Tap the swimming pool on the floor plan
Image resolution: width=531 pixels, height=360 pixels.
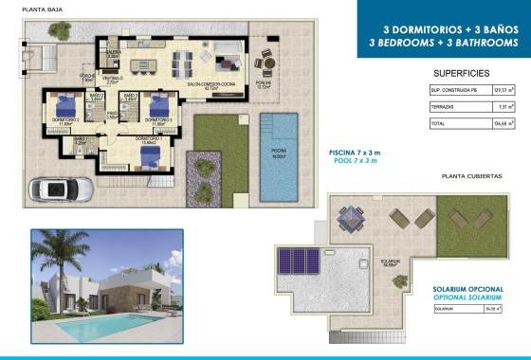279,156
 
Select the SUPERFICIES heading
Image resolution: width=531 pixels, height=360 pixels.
461,73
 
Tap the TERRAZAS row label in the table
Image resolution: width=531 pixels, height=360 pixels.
443,107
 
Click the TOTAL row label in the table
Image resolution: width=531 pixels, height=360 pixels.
439,123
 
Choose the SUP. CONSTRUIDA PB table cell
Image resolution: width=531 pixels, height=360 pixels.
452,91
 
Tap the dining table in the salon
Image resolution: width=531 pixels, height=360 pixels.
182,61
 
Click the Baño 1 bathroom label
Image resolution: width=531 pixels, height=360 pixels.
80,139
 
